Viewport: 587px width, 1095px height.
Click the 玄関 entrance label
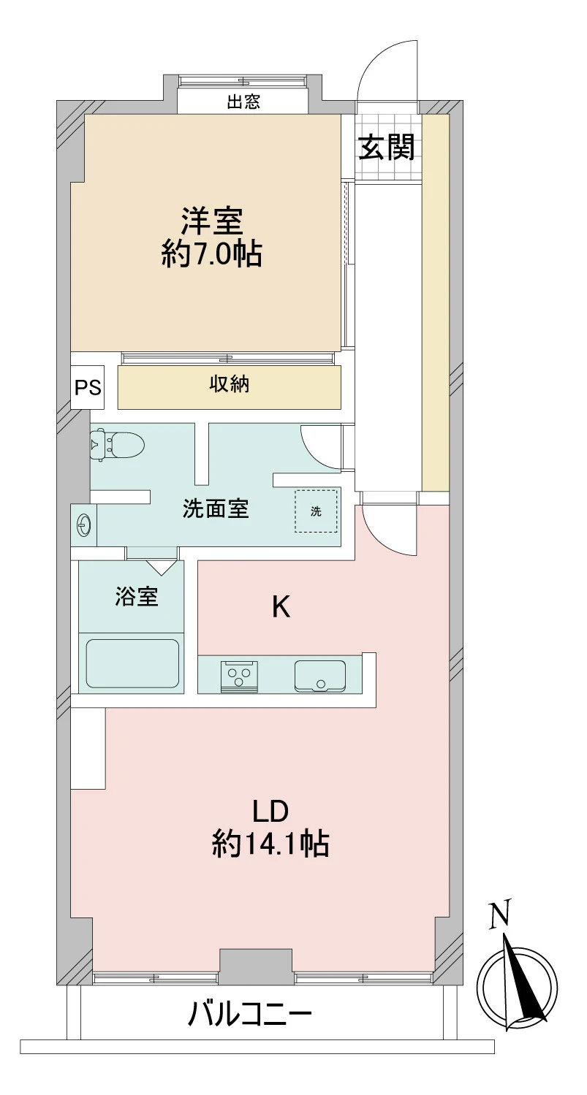pyautogui.click(x=387, y=147)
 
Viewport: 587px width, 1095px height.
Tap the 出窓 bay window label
pyautogui.click(x=243, y=102)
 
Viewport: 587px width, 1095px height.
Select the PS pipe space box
pyautogui.click(x=88, y=387)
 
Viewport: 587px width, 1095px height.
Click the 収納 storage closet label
pyautogui.click(x=229, y=385)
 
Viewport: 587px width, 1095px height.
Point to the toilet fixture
pyautogui.click(x=118, y=445)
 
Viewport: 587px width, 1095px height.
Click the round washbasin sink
pyautogui.click(x=83, y=525)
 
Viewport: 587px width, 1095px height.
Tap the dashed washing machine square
pyautogui.click(x=316, y=511)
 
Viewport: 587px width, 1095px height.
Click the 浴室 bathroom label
pyautogui.click(x=137, y=596)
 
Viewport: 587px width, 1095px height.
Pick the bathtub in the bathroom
pyautogui.click(x=132, y=663)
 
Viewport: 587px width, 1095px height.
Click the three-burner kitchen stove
pyautogui.click(x=240, y=676)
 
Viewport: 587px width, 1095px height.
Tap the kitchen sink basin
pyautogui.click(x=320, y=676)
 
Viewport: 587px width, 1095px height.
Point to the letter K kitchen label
pyautogui.click(x=281, y=608)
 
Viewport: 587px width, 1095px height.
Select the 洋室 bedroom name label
pyautogui.click(x=212, y=221)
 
